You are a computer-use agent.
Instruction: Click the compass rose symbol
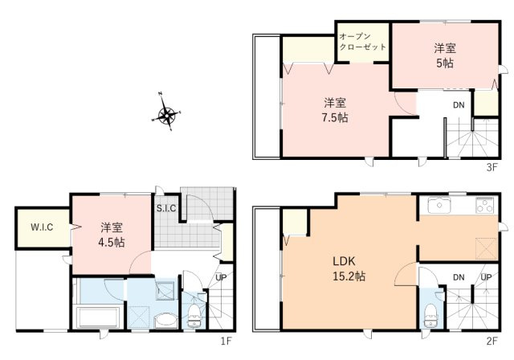(x=167, y=117)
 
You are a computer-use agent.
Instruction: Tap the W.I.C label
(x=41, y=227)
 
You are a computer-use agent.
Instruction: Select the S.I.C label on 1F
(x=166, y=209)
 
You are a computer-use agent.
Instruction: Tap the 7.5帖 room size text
(x=335, y=117)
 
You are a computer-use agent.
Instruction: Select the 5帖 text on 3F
(x=444, y=63)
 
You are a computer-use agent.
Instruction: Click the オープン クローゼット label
(x=362, y=42)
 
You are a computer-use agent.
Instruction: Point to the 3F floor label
(x=492, y=167)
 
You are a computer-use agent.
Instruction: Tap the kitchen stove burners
(x=484, y=205)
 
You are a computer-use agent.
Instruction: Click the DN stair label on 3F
(x=458, y=105)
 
